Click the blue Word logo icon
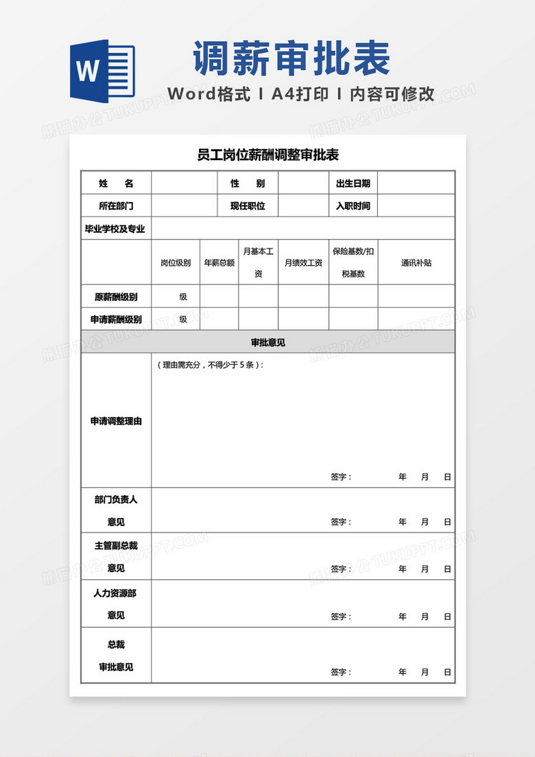[102, 70]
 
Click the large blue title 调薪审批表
[292, 58]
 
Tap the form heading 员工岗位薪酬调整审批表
[267, 155]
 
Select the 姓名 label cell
[116, 183]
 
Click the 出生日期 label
[353, 183]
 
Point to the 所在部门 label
[116, 205]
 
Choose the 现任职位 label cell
[248, 205]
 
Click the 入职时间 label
[353, 205]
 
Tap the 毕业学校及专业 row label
[115, 229]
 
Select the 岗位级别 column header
[176, 262]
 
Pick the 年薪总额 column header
[219, 262]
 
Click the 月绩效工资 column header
[303, 262]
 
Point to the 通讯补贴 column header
[416, 262]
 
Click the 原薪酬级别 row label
[116, 297]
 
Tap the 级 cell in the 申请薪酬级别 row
[183, 319]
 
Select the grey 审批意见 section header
[267, 342]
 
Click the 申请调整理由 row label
[116, 421]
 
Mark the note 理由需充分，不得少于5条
[210, 365]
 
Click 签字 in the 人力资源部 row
[341, 616]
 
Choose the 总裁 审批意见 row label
[116, 655]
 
